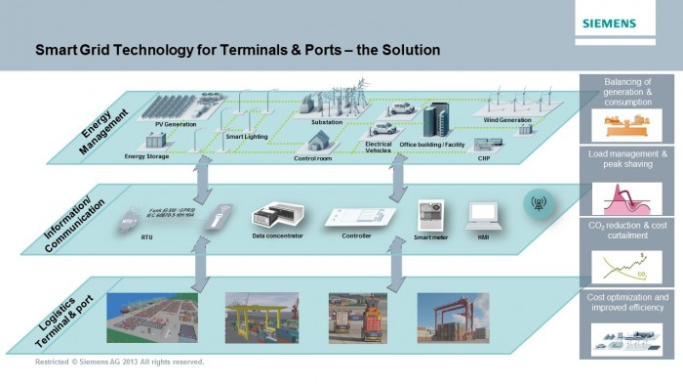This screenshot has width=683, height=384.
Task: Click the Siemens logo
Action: tap(609, 22)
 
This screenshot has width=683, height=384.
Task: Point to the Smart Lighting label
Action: tap(248, 138)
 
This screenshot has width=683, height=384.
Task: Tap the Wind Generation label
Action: tap(507, 120)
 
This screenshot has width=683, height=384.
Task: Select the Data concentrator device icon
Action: tap(277, 216)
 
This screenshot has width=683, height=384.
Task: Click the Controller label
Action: tap(355, 235)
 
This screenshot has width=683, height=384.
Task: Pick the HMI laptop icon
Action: tap(482, 214)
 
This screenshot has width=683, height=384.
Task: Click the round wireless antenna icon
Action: tap(536, 204)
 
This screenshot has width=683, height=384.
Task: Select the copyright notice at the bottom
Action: tap(119, 363)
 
